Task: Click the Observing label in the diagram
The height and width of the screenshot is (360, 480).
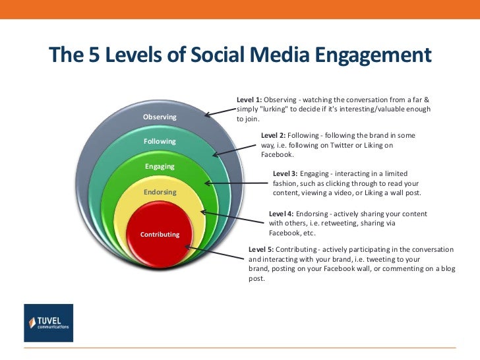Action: [x=160, y=117]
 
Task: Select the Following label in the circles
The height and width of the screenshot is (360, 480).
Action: [x=160, y=142]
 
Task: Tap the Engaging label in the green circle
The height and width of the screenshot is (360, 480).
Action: [x=160, y=167]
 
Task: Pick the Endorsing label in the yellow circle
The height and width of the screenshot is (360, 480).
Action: [x=160, y=193]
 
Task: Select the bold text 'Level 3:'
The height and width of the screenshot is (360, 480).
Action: [x=285, y=173]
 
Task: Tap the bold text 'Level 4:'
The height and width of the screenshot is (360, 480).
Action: [x=282, y=214]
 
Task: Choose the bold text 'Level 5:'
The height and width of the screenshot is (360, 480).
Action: [x=261, y=250]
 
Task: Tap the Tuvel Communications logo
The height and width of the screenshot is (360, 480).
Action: [x=48, y=322]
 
